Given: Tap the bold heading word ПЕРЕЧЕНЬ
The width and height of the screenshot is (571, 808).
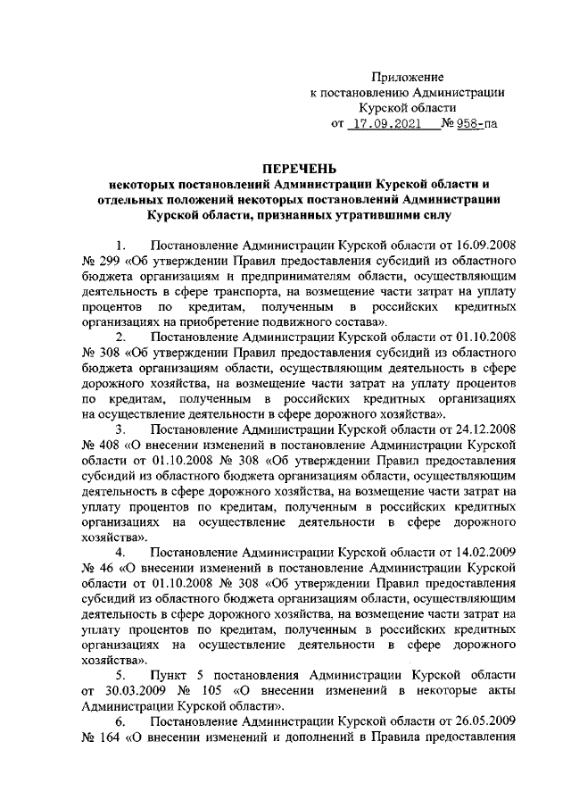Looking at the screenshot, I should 300,167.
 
